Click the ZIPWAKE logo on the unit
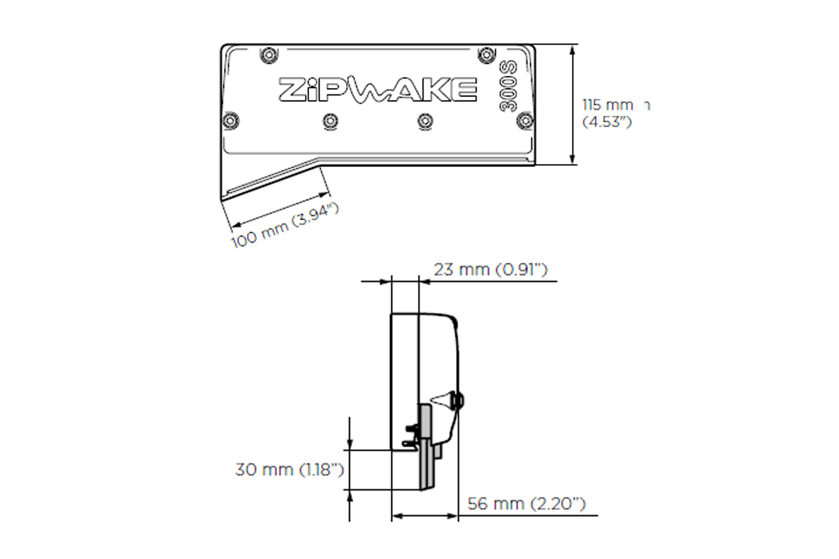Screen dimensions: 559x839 pos(378,89)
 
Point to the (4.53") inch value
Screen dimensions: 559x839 pos(608,122)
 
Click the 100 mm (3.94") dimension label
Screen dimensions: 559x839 pos(285,228)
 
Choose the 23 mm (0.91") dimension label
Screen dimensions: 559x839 pos(489,270)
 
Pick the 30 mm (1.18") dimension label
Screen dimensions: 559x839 pos(289,470)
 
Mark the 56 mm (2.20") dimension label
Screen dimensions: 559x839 pos(526,503)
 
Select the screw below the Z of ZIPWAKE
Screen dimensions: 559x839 pos(230,119)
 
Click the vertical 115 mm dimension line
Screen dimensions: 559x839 pos(573,105)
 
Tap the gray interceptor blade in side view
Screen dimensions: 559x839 pos(426,454)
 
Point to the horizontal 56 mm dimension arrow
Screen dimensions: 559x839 pos(425,516)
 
